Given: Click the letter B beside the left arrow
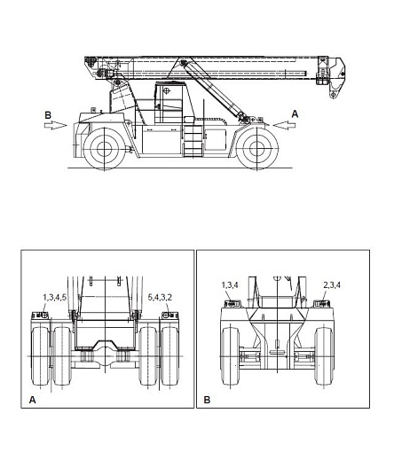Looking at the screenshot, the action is [x=48, y=115].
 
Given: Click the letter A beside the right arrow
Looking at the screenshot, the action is [x=295, y=114].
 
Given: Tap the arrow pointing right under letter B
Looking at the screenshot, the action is [x=56, y=125].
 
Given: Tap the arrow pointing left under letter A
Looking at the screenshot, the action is [x=284, y=125].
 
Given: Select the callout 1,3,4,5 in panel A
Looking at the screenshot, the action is [x=55, y=297].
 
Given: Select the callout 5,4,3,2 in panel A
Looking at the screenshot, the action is [x=160, y=297].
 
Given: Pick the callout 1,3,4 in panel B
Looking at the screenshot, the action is [x=230, y=285].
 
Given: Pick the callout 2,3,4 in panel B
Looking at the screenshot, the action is [x=332, y=285].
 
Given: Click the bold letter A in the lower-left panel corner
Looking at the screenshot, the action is [x=32, y=400].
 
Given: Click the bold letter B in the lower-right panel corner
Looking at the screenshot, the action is [x=207, y=400].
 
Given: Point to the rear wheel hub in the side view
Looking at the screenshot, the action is [x=104, y=149].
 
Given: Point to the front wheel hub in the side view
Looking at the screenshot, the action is [x=257, y=149].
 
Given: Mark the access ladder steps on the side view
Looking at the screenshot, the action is [x=193, y=141].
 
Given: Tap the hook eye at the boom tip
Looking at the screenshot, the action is [x=334, y=95].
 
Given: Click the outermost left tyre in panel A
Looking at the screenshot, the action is [x=40, y=356].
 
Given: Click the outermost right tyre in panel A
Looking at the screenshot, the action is [x=170, y=356].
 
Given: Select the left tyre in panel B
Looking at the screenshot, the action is [x=230, y=356].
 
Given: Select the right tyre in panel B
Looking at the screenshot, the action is [x=324, y=356].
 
